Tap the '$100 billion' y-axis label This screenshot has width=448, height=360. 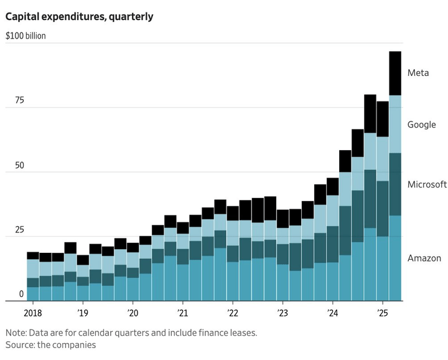(x=26, y=36)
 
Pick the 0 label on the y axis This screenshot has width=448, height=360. (x=21, y=294)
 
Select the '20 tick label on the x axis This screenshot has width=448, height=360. (x=133, y=312)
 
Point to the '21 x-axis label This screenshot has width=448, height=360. (x=182, y=312)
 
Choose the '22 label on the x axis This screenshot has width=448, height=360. (x=232, y=312)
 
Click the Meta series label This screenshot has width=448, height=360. (x=418, y=73)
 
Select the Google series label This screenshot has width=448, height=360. (x=421, y=125)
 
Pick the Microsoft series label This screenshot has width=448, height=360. (x=427, y=184)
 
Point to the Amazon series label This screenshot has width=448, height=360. (x=424, y=258)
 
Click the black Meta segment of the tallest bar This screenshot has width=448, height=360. (x=395, y=73)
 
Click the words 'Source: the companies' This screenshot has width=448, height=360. (x=51, y=344)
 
